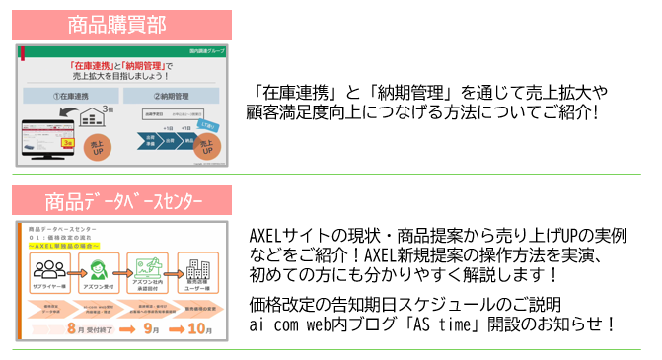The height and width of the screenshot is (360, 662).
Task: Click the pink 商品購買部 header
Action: tap(121, 25)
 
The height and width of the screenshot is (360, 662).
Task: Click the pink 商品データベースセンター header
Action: tap(121, 201)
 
